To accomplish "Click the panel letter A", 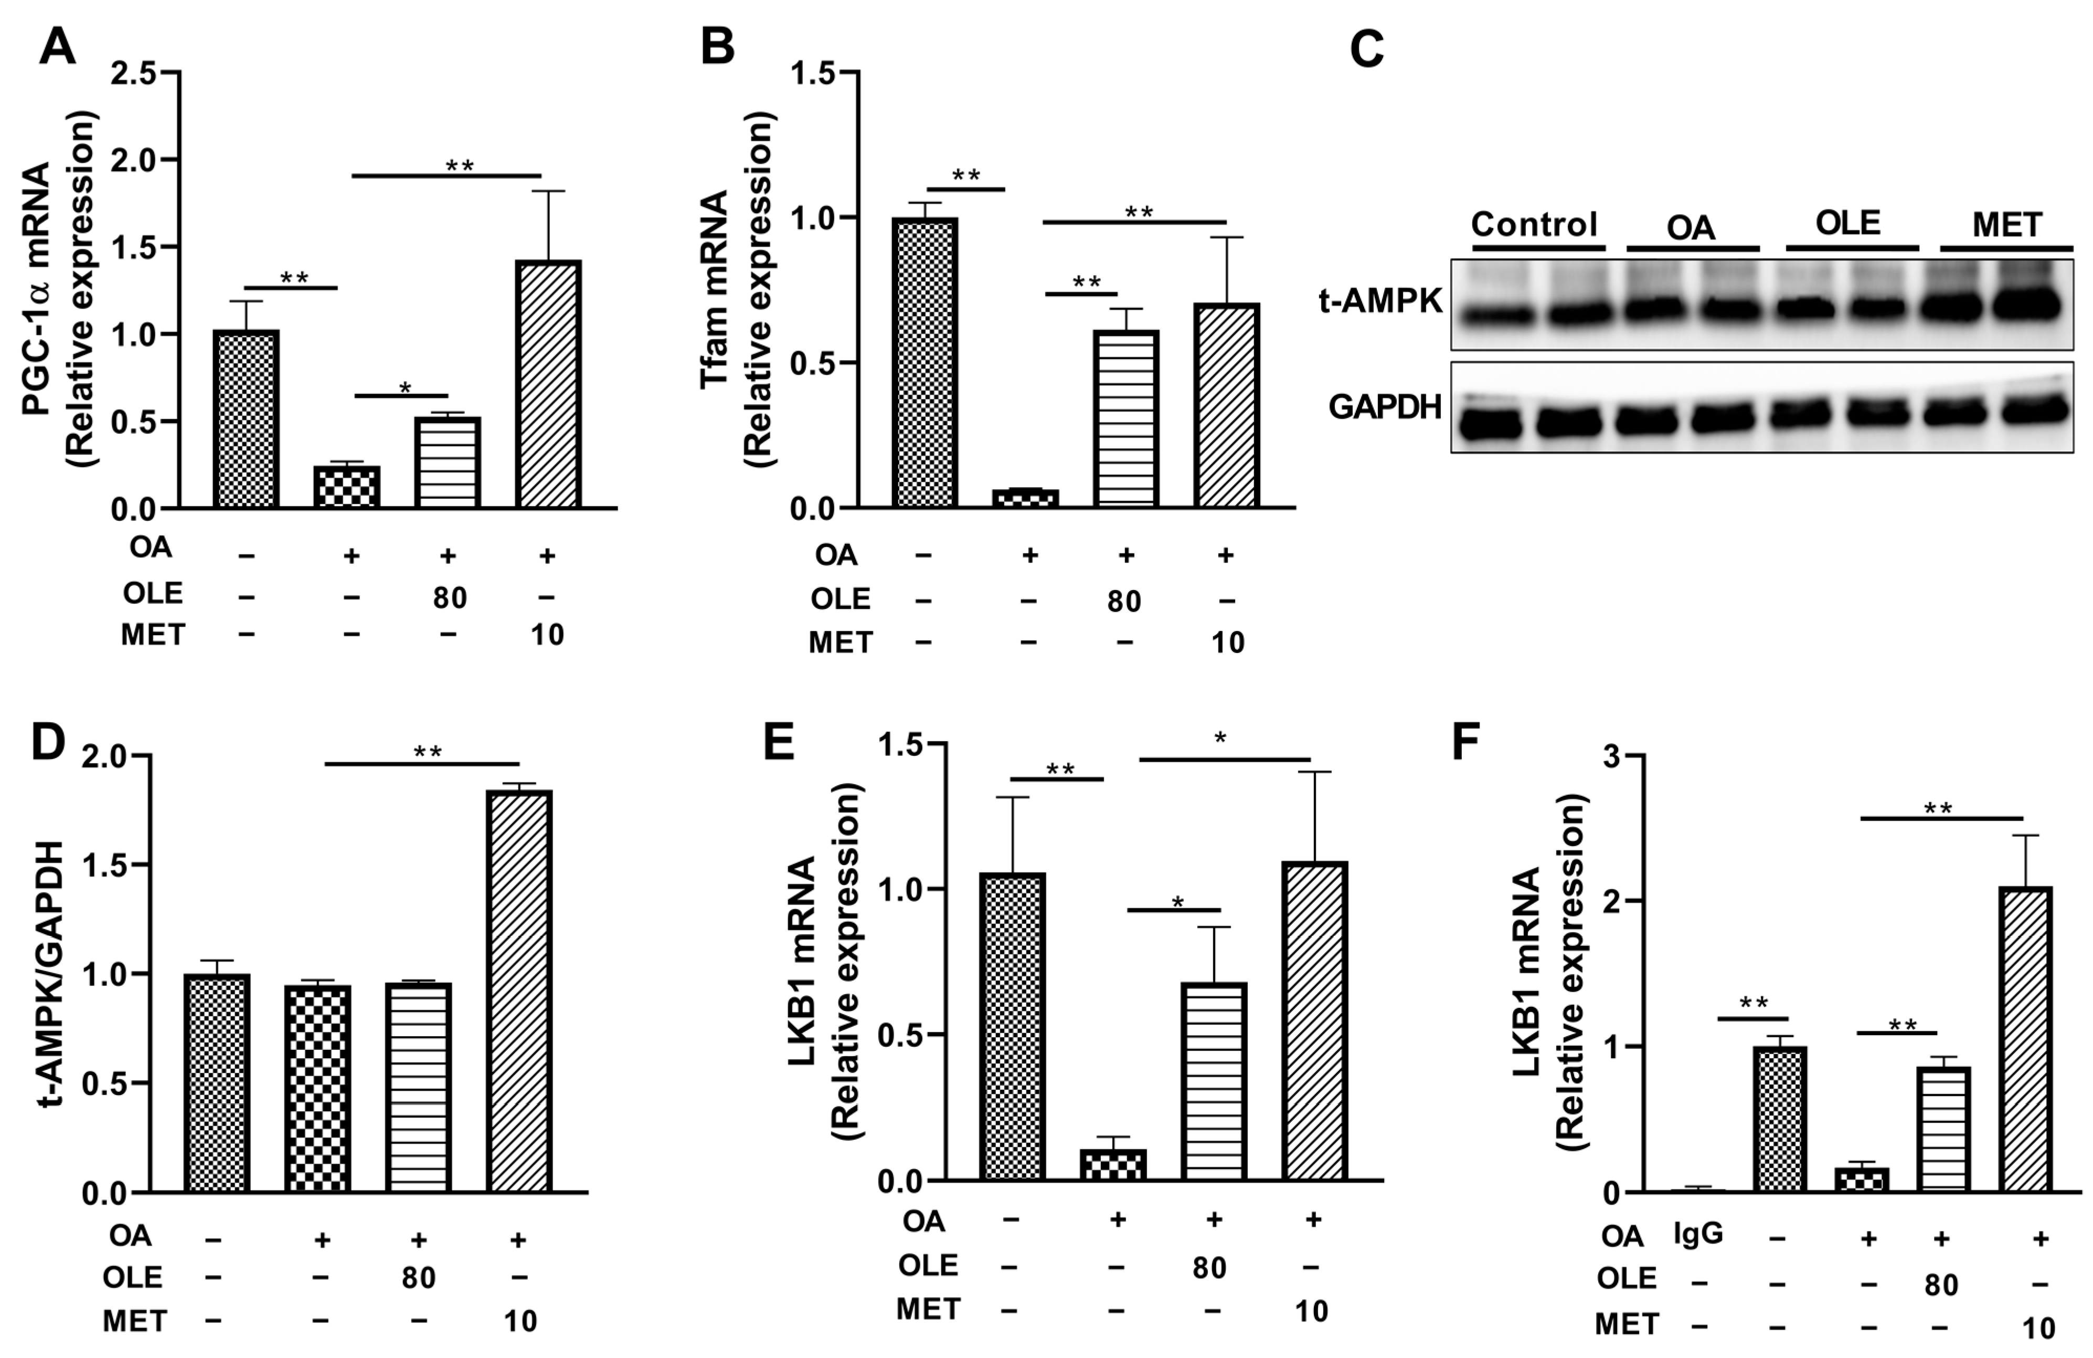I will [x=57, y=46].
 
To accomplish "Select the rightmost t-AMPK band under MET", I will [x=2039, y=305].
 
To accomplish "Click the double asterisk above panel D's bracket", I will [x=428, y=752].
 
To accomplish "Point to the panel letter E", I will [x=778, y=741].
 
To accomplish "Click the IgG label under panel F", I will [x=1697, y=1234].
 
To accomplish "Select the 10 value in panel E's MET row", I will [x=1311, y=1311].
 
